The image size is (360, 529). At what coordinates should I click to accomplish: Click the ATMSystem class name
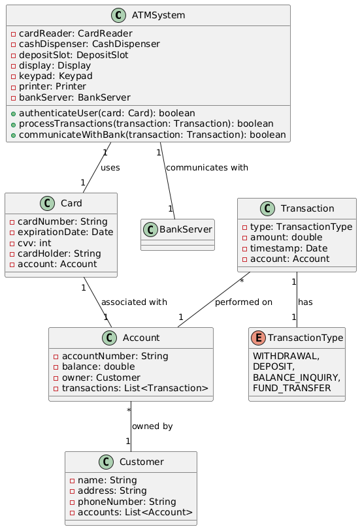(x=158, y=15)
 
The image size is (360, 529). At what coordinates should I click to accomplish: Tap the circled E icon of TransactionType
(x=258, y=338)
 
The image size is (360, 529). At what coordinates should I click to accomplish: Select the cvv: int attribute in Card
(x=34, y=243)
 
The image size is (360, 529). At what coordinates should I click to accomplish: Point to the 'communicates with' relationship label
(x=207, y=168)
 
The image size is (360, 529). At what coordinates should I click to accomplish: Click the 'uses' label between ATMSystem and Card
(x=110, y=168)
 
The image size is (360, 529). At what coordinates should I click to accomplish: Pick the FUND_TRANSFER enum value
(x=292, y=388)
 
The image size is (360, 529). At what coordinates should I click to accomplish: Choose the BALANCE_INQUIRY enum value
(x=297, y=377)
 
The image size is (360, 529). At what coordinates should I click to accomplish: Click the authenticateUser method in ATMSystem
(x=107, y=113)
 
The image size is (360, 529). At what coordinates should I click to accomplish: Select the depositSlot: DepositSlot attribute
(x=74, y=55)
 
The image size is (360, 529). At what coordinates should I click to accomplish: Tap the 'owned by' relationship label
(x=152, y=426)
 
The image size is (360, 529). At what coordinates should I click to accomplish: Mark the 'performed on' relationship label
(x=244, y=302)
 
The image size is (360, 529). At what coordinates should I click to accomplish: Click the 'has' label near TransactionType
(x=305, y=302)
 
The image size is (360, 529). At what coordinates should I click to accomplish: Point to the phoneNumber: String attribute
(x=127, y=502)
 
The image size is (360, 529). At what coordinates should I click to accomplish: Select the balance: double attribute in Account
(x=98, y=367)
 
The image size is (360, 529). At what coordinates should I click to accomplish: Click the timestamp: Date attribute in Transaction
(x=289, y=248)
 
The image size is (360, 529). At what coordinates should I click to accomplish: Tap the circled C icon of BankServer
(x=150, y=230)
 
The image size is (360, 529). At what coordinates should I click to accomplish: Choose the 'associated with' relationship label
(x=134, y=302)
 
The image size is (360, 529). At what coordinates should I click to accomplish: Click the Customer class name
(x=142, y=462)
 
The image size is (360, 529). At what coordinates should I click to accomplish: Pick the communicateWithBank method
(x=152, y=135)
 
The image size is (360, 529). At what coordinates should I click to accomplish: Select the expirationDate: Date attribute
(x=65, y=232)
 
